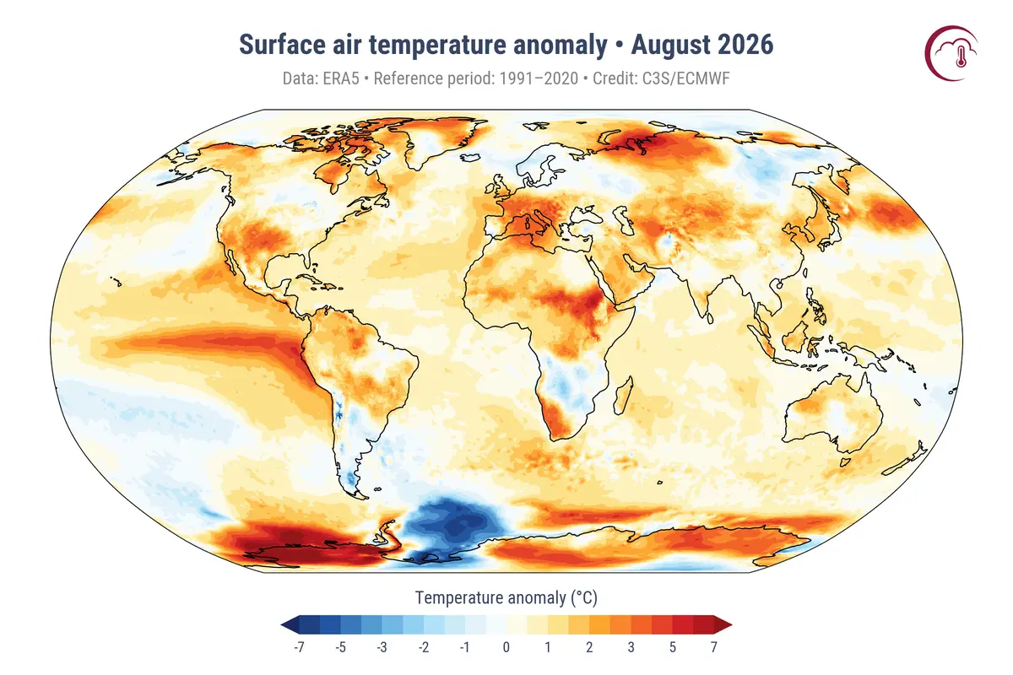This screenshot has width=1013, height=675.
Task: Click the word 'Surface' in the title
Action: click(282, 45)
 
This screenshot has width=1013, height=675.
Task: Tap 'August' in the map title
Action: click(669, 46)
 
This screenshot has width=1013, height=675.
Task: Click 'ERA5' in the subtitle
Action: click(340, 78)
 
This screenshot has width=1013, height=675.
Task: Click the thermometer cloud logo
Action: click(951, 53)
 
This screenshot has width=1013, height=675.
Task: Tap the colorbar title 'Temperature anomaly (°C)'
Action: click(506, 597)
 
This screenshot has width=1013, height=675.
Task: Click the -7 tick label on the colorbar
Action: click(299, 647)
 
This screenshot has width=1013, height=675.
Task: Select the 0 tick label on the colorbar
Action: click(506, 647)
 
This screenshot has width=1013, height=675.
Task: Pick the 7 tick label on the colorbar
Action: click(713, 647)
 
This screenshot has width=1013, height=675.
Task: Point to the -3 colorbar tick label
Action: click(382, 647)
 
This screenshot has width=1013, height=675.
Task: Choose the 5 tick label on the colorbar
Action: click(673, 647)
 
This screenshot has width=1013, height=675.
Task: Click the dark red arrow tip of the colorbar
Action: click(723, 625)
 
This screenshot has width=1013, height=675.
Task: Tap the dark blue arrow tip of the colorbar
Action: click(290, 625)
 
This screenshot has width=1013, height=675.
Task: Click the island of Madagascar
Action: click(624, 396)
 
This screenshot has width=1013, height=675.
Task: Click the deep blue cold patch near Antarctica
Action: click(454, 525)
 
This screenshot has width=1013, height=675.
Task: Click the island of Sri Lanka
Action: click(710, 318)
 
